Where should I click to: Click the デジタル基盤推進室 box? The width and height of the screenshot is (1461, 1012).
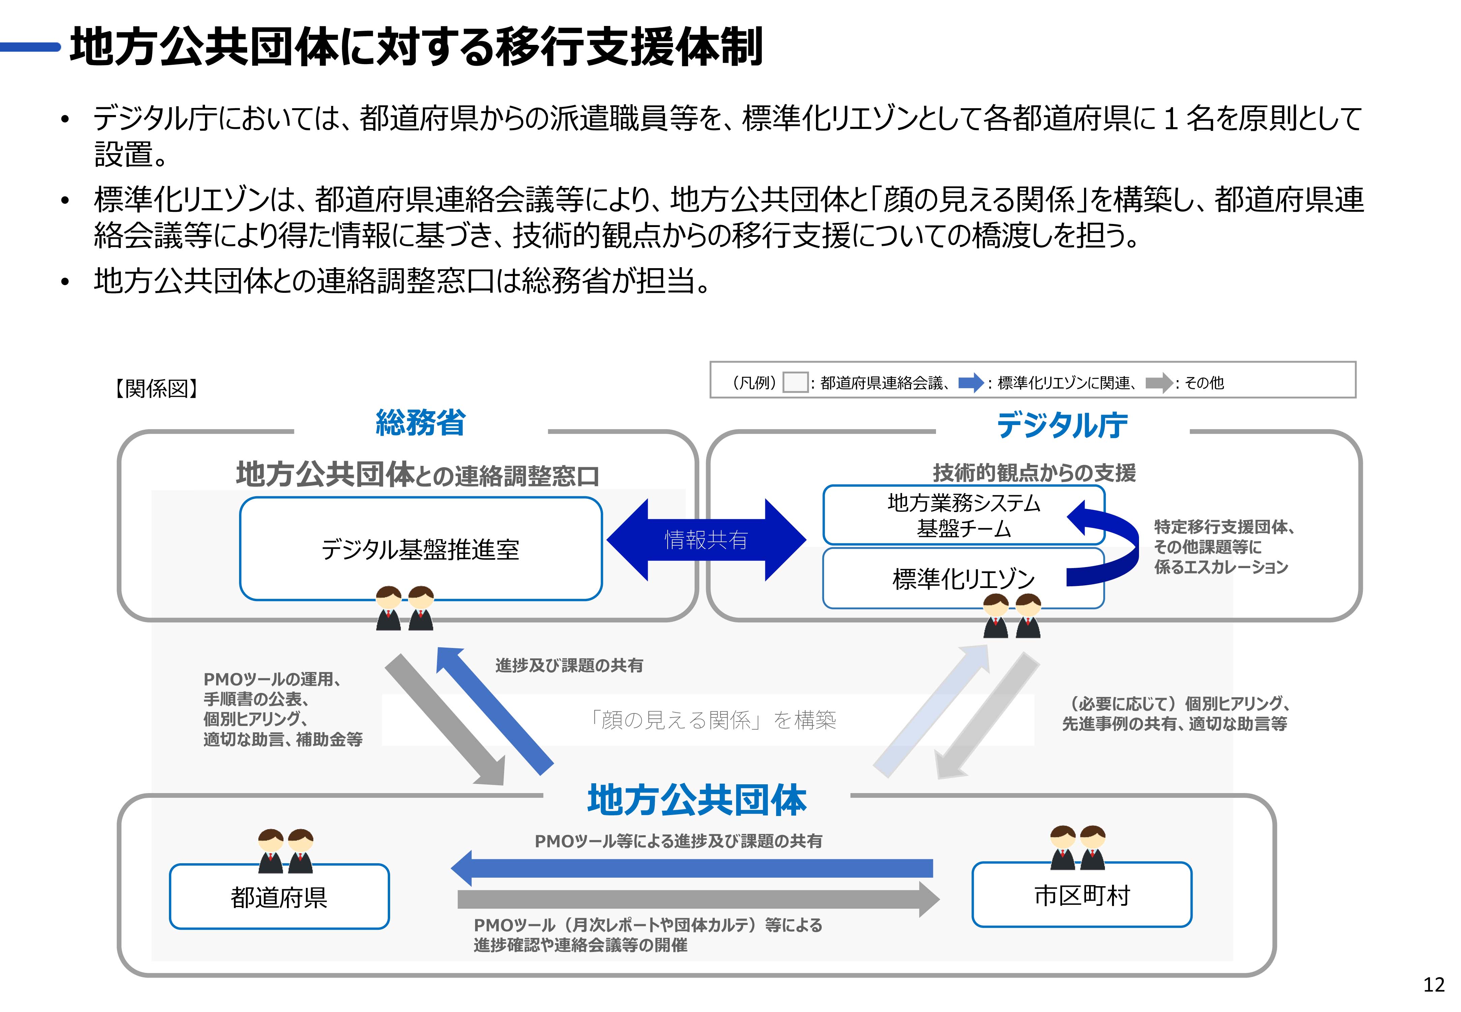click(x=420, y=549)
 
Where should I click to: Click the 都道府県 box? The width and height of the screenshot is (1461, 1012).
click(x=279, y=897)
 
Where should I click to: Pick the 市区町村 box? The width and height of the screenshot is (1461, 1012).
click(x=1081, y=895)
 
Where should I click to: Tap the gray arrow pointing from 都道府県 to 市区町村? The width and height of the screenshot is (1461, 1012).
click(x=697, y=899)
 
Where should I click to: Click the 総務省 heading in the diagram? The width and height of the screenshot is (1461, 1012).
click(x=420, y=423)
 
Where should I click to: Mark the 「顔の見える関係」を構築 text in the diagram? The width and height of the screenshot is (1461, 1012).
click(x=712, y=720)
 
